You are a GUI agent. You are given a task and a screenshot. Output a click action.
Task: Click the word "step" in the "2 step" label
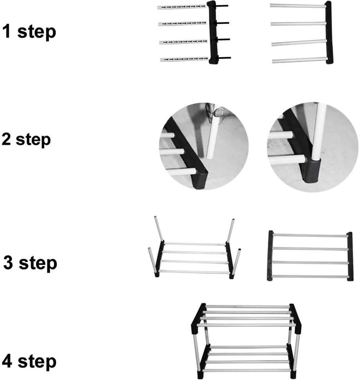click(x=33, y=140)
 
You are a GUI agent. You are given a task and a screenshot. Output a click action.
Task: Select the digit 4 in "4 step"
click(x=9, y=362)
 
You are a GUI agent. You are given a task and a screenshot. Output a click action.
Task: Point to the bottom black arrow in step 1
click(x=224, y=58)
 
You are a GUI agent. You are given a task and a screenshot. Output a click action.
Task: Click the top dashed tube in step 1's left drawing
click(x=182, y=7)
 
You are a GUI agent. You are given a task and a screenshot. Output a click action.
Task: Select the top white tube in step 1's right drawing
click(x=297, y=6)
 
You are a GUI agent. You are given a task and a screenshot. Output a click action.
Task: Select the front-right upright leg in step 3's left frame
click(x=236, y=262)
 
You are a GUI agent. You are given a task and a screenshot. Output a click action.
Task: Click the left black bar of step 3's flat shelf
click(x=270, y=256)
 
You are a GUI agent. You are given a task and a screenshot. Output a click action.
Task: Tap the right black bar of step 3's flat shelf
click(x=350, y=256)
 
